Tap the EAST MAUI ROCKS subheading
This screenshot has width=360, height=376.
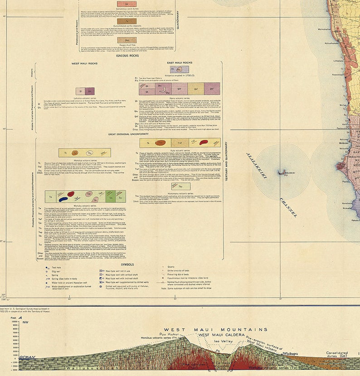(x=180, y=63)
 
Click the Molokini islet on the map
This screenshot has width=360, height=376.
(x=281, y=173)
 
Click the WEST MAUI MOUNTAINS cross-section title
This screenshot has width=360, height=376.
(x=215, y=329)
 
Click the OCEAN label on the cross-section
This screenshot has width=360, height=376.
(x=27, y=357)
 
